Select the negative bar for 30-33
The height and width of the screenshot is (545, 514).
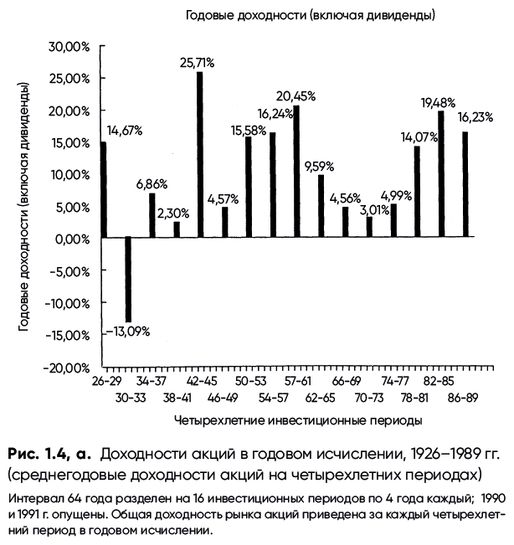pos(128,280)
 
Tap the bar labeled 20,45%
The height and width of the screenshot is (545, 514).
pos(296,172)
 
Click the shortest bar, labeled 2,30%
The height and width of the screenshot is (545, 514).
pos(177,230)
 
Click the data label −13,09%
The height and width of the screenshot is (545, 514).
pos(128,332)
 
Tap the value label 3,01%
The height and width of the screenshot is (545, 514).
pos(374,210)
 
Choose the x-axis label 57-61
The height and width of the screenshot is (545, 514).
pos(297,381)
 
